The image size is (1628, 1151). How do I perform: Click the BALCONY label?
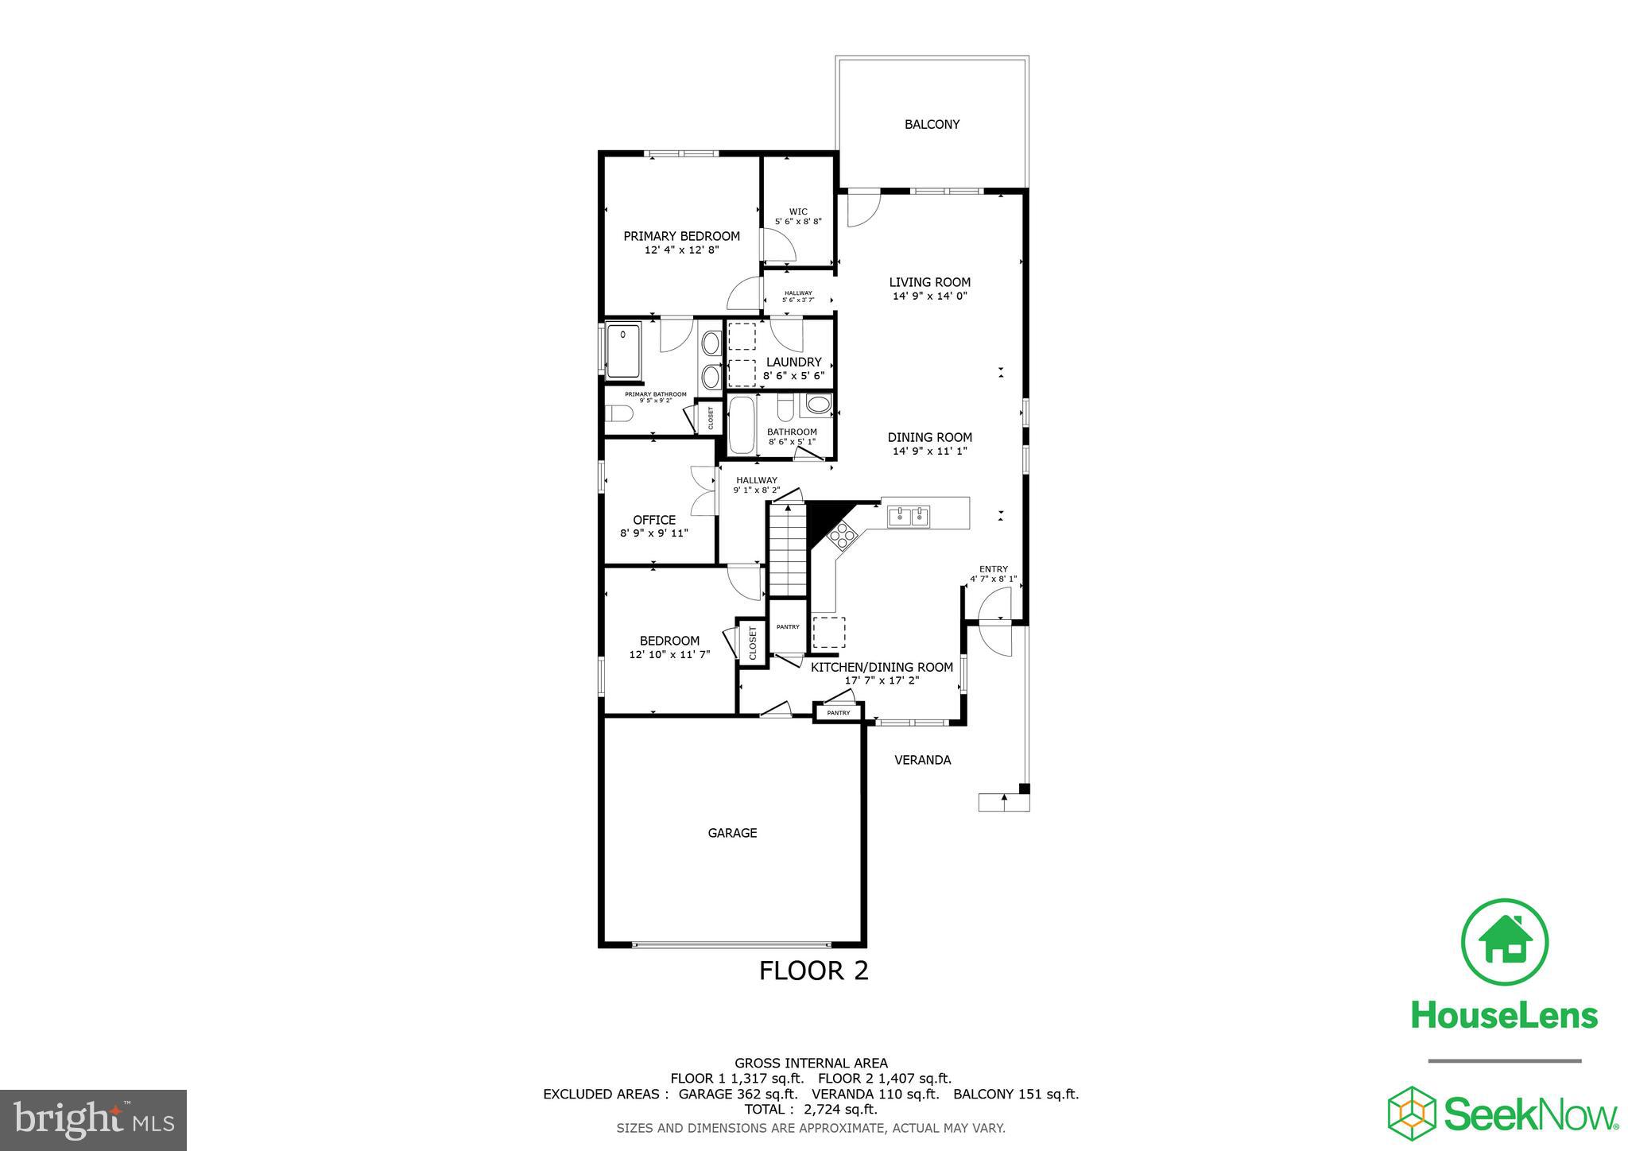point(932,124)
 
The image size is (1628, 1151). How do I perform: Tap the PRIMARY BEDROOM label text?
point(681,236)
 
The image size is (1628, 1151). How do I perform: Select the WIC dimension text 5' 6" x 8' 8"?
point(798,222)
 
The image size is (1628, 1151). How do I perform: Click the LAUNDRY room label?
point(793,362)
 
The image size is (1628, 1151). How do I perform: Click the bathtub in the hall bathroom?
point(742,425)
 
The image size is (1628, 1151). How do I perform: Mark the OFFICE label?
point(654,520)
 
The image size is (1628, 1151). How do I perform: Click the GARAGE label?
point(732,833)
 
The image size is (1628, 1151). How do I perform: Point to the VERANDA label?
point(922,760)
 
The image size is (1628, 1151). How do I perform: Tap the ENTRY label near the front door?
point(993,569)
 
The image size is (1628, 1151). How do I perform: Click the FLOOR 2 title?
point(813,971)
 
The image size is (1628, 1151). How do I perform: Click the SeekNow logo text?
point(1529,1114)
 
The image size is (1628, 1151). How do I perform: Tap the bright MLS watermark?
point(94,1119)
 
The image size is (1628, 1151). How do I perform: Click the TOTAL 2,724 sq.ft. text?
point(810,1109)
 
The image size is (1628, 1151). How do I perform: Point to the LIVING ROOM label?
point(929,282)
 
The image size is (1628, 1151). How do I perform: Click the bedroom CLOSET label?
point(752,642)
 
